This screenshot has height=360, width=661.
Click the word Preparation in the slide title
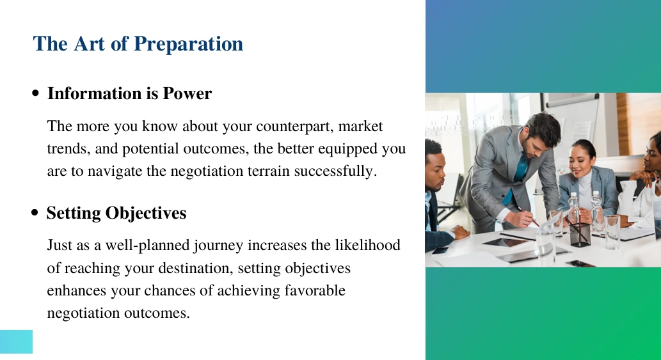[188, 44]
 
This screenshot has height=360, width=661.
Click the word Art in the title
[89, 43]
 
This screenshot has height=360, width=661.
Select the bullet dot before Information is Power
[36, 93]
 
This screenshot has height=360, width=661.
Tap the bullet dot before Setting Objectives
[35, 213]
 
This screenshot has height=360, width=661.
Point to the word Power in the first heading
[187, 93]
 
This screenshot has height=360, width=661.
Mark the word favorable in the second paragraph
[315, 290]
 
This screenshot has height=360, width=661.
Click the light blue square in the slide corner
[16, 341]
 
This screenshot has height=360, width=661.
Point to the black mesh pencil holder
[580, 235]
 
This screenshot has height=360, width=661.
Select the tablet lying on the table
[505, 242]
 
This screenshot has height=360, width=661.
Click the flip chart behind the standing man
[578, 127]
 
